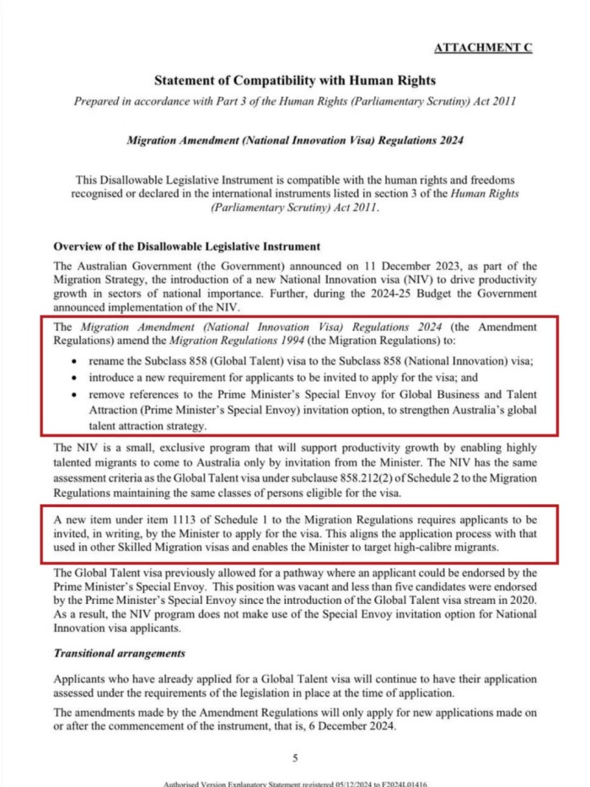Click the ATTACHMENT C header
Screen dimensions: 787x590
[483, 48]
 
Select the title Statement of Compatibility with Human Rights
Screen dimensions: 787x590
[295, 81]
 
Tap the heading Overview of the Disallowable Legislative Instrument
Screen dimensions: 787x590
[186, 247]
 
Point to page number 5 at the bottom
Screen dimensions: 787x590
[295, 757]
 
